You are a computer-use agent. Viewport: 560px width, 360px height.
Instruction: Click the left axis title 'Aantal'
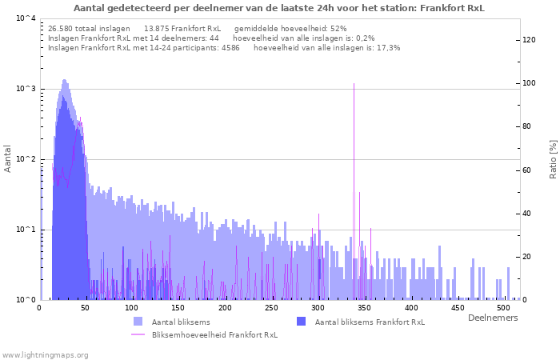[8, 158]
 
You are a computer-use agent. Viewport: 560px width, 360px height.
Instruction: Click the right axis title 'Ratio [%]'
[553, 158]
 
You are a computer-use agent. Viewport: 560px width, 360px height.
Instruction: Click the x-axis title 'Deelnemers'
[492, 318]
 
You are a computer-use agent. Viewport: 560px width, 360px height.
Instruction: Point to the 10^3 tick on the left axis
[25, 89]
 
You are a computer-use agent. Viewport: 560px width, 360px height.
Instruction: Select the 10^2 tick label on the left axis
[25, 159]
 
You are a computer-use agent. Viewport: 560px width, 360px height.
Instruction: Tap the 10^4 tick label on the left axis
[25, 18]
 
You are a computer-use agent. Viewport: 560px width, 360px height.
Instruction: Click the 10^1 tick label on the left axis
[25, 230]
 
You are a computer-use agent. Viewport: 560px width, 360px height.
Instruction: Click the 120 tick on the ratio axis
[529, 40]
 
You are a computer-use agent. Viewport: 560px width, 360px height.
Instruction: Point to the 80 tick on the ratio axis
[529, 126]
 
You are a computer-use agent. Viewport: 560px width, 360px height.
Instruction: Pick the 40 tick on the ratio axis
[529, 213]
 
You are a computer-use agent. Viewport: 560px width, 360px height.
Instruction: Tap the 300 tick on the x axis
[318, 308]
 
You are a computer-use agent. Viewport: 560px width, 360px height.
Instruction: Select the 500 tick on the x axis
[503, 308]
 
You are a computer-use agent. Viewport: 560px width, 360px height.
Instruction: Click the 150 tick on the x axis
[178, 308]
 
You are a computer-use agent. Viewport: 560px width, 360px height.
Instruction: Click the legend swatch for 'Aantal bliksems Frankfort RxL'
[302, 322]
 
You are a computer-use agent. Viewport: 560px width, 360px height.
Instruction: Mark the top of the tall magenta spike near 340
[354, 83]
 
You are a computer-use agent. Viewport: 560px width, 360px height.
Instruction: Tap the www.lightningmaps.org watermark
[46, 354]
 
